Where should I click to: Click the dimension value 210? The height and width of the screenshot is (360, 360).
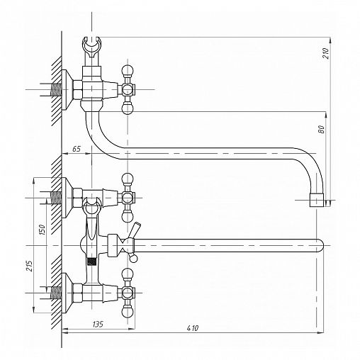click(326, 53)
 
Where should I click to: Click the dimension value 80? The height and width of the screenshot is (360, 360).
click(322, 130)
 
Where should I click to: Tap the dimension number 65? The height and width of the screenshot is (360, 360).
click(77, 149)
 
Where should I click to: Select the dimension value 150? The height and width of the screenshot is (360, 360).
click(42, 229)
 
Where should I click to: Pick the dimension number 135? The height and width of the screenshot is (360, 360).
click(98, 324)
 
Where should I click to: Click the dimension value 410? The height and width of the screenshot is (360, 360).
click(193, 328)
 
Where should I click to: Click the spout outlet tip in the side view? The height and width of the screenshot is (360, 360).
click(317, 201)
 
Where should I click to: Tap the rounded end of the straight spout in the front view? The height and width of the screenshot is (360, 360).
click(320, 245)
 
